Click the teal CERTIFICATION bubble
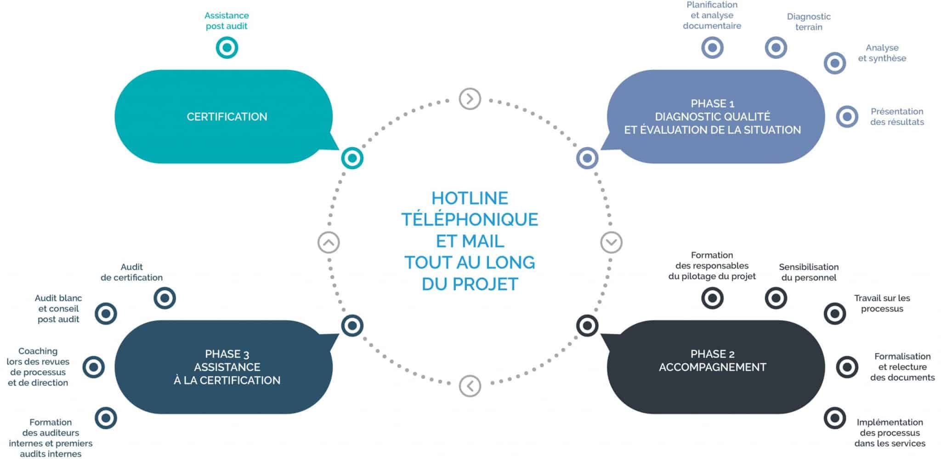tap(227, 116)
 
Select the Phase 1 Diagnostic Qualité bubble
tap(712, 117)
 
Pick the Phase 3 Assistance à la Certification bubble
tap(227, 367)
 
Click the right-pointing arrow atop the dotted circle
tap(470, 99)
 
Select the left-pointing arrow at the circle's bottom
tap(470, 386)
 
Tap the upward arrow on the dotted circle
tap(329, 242)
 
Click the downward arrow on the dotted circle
tap(611, 242)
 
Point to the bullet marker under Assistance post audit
tap(227, 47)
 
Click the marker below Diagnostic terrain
tap(776, 47)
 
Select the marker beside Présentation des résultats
tap(847, 117)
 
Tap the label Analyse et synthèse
tap(882, 53)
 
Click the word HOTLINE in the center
tap(470, 198)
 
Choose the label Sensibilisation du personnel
tap(809, 272)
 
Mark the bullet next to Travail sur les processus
tap(834, 314)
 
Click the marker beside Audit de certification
tap(164, 298)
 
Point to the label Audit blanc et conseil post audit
tap(58, 309)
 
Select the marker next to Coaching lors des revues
tap(94, 367)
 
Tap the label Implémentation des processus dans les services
tap(890, 433)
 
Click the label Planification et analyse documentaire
tap(712, 15)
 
